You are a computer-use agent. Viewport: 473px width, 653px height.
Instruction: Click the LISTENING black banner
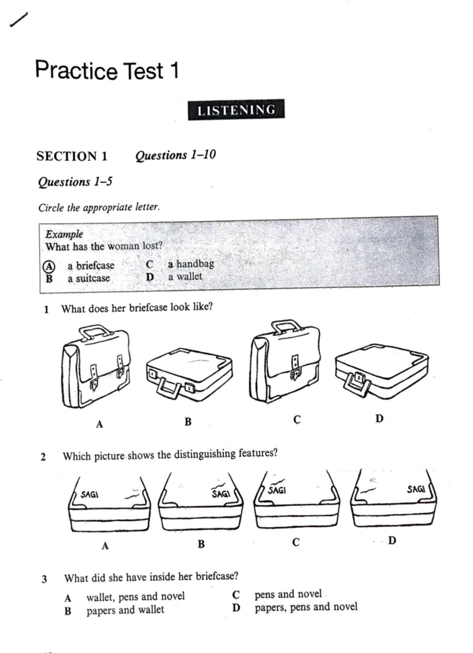(236, 110)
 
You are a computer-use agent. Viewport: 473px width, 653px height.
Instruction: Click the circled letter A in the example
(49, 266)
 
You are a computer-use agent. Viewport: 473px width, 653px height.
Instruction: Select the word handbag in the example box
(195, 263)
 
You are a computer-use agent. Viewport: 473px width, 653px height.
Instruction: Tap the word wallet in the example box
(189, 276)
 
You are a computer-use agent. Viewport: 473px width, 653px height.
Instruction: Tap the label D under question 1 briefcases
(379, 418)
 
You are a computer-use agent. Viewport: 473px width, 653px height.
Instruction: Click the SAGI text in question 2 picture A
(89, 494)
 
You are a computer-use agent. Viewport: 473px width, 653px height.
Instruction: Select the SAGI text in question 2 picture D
(416, 489)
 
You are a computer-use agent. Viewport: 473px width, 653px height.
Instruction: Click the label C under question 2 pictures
(296, 543)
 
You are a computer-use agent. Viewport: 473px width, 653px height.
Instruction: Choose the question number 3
(44, 579)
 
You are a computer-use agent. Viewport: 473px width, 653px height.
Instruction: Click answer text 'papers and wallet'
(125, 610)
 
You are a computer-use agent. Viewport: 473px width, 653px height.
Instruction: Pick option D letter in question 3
(236, 608)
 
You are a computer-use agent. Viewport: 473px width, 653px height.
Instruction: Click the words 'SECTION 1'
(72, 156)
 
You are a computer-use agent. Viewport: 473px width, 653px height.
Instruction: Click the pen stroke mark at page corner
(19, 20)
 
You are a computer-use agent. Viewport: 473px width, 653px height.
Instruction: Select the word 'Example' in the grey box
(64, 234)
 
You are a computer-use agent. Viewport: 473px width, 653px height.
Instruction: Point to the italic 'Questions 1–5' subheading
(75, 182)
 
